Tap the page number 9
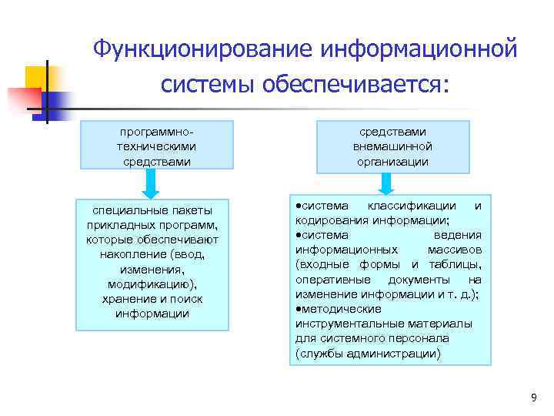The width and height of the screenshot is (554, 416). [x=533, y=397]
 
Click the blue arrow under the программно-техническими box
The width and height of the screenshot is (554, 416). [x=152, y=183]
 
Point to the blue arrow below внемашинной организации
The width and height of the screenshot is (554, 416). [x=386, y=182]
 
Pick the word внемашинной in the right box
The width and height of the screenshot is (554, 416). [x=392, y=146]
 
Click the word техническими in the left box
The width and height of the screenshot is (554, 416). [x=156, y=146]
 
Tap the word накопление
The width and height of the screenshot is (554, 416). [x=135, y=254]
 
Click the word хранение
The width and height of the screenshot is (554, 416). [x=128, y=299]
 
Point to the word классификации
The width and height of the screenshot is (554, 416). [x=416, y=206]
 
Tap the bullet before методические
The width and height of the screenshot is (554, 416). [x=296, y=309]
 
